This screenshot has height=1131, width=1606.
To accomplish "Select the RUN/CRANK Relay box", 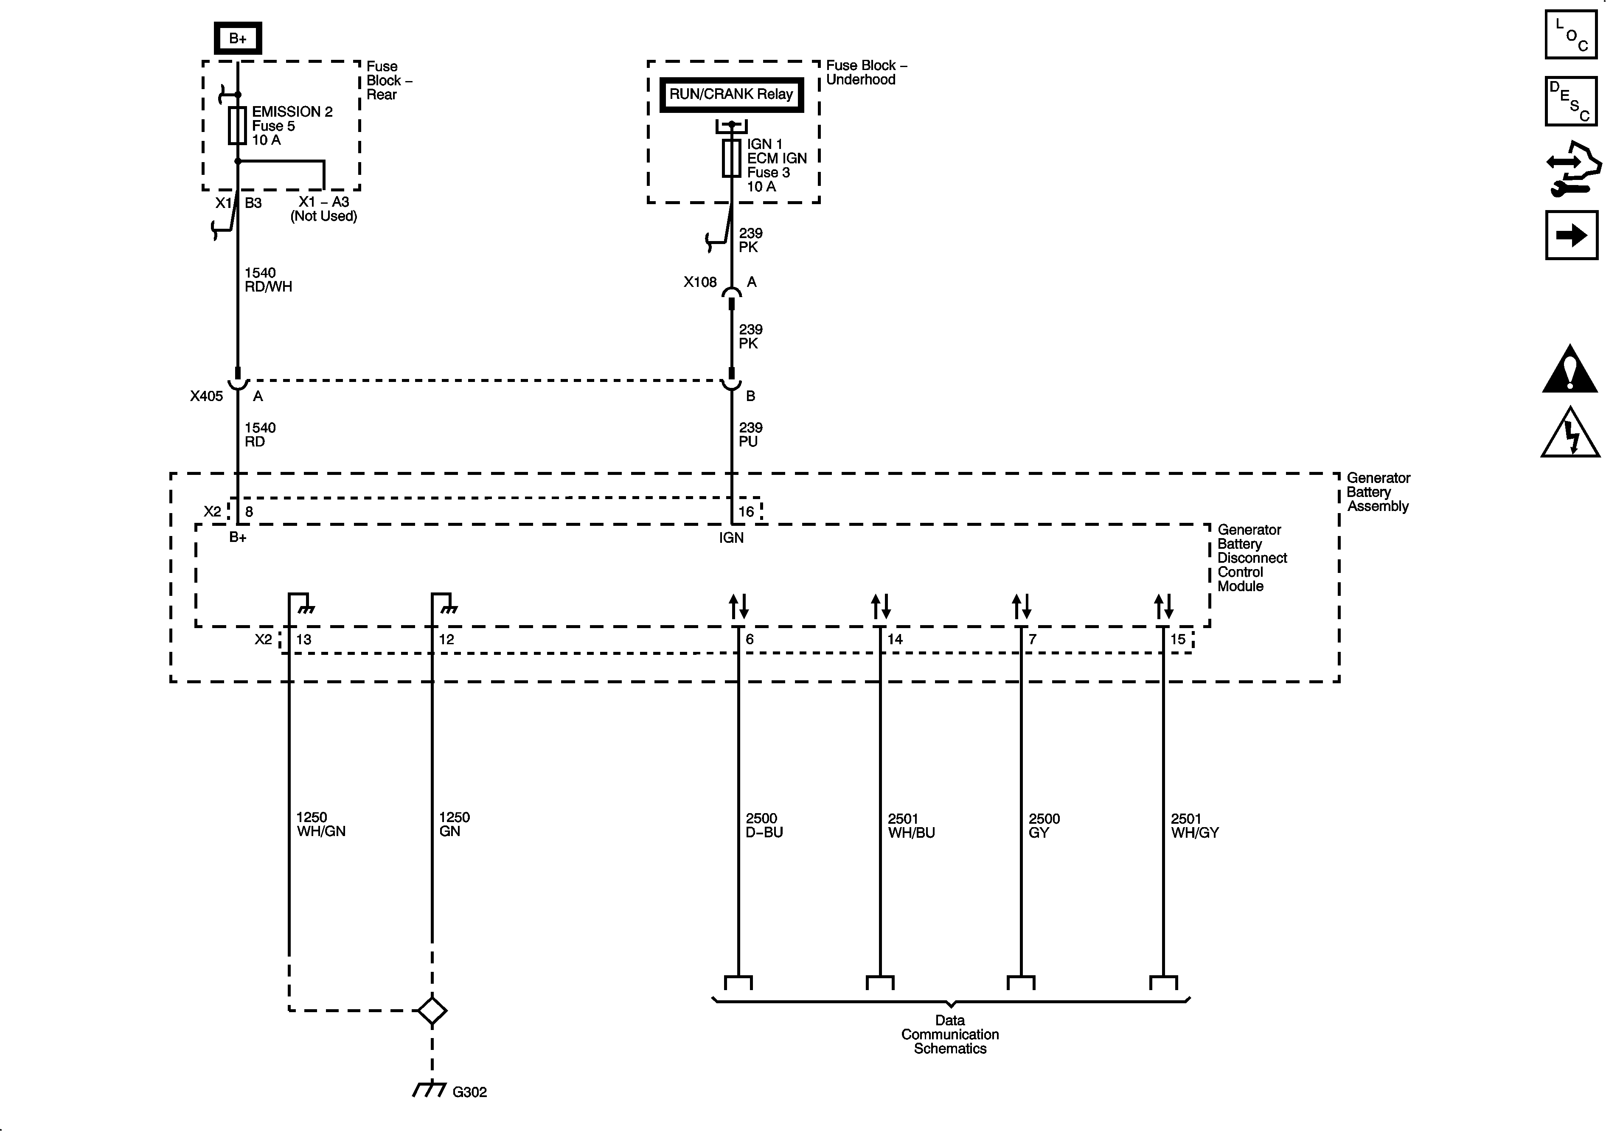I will click(731, 94).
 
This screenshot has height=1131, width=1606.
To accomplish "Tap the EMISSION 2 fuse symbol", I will click(238, 126).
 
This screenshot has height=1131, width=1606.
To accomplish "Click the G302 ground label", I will click(469, 1092).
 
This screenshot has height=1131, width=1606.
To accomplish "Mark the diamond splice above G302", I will click(432, 1011).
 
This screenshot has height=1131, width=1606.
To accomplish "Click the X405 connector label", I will click(206, 396).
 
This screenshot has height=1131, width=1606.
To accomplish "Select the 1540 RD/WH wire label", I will click(268, 280).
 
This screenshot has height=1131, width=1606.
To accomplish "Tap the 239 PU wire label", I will click(750, 434).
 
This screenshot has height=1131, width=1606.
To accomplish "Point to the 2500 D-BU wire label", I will click(764, 825).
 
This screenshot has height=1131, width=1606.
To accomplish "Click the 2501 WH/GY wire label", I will click(1195, 825).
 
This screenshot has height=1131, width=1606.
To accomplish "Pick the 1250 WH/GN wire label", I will click(320, 824).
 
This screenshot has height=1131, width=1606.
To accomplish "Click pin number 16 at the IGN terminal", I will click(747, 511).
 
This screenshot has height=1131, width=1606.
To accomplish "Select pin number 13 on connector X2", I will click(303, 639).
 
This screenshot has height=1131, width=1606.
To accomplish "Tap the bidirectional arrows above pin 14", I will click(881, 606).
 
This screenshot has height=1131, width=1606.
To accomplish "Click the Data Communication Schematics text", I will click(950, 1035).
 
